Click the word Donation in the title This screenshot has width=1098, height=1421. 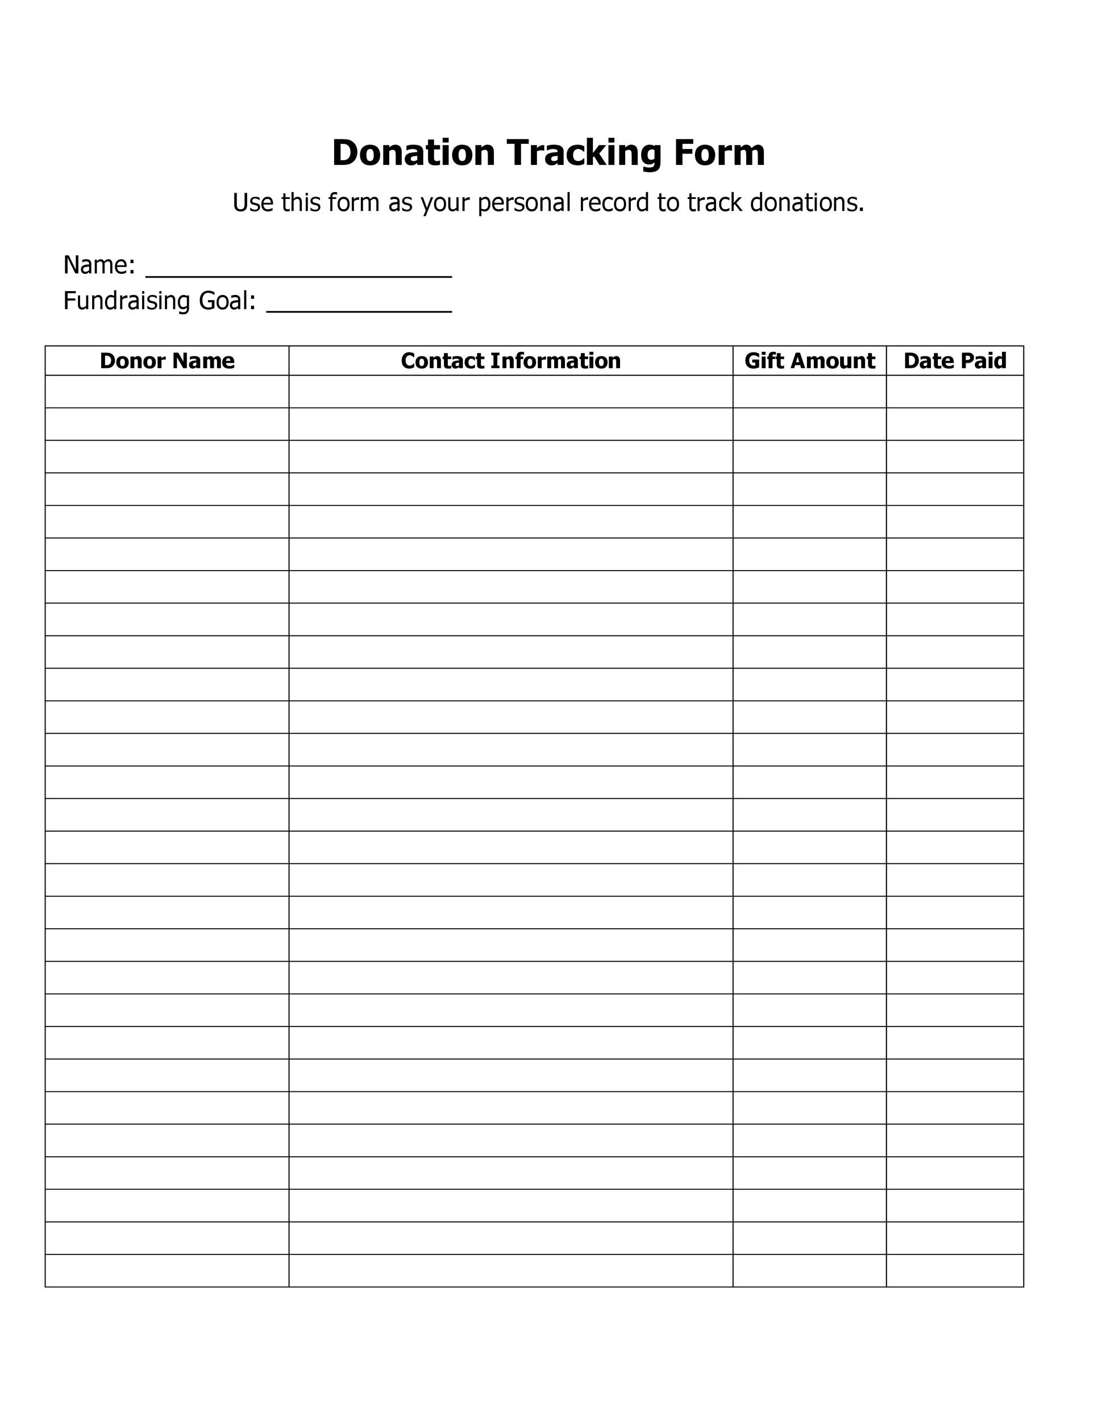(413, 153)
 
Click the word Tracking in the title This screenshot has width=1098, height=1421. (584, 153)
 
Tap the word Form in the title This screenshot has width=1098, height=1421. (719, 153)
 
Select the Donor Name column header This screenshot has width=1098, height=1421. (167, 360)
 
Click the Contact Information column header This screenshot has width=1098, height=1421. (510, 360)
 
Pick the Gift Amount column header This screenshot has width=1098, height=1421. (809, 360)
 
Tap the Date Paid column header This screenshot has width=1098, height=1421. (954, 360)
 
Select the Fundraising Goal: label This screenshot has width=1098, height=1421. (159, 301)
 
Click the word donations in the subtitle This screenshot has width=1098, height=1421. (806, 202)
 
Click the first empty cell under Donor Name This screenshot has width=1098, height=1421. (167, 392)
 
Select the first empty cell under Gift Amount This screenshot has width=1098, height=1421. (809, 392)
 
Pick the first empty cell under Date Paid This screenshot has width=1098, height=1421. (954, 392)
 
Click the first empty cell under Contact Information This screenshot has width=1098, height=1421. (510, 392)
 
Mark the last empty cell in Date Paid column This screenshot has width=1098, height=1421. (954, 1271)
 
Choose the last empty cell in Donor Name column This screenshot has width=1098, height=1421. (167, 1271)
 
